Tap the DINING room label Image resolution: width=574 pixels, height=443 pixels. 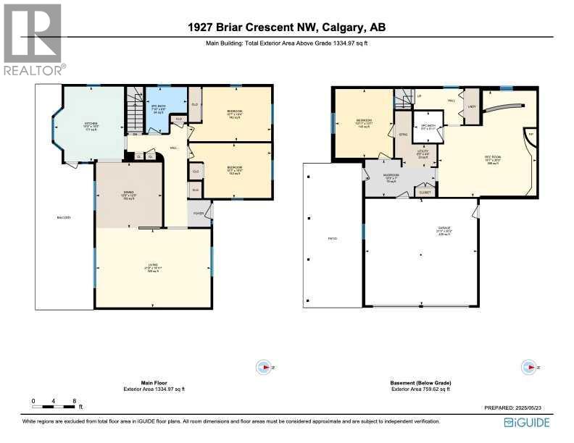click(128, 193)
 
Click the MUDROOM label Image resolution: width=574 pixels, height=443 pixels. click(392, 178)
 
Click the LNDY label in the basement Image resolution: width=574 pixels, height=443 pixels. click(472, 106)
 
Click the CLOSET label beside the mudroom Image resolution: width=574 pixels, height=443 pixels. click(425, 193)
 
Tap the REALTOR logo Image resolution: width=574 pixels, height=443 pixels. click(33, 40)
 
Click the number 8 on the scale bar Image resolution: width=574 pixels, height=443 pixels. click(74, 400)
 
